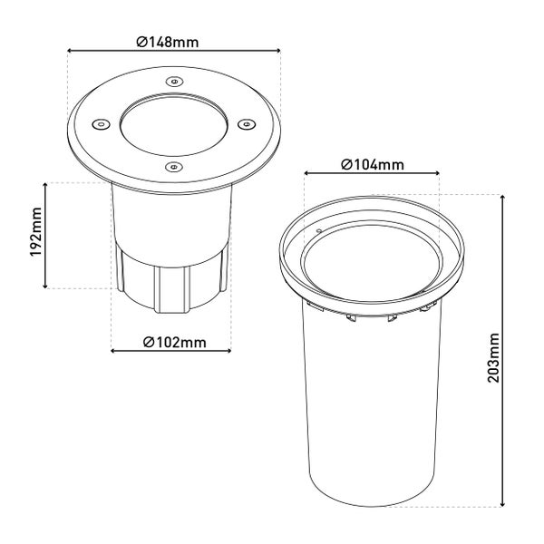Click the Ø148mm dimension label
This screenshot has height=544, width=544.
point(168,42)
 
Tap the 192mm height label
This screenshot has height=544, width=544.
point(35,232)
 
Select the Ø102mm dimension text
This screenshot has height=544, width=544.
point(174,342)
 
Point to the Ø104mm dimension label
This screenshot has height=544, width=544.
point(373,164)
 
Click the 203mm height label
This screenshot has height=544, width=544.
point(493,358)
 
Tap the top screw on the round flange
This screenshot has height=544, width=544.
point(174,82)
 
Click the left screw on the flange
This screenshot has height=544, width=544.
point(101,124)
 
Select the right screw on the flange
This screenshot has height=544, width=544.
point(247,124)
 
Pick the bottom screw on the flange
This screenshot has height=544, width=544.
point(173,167)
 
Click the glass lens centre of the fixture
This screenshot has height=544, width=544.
point(174,126)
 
